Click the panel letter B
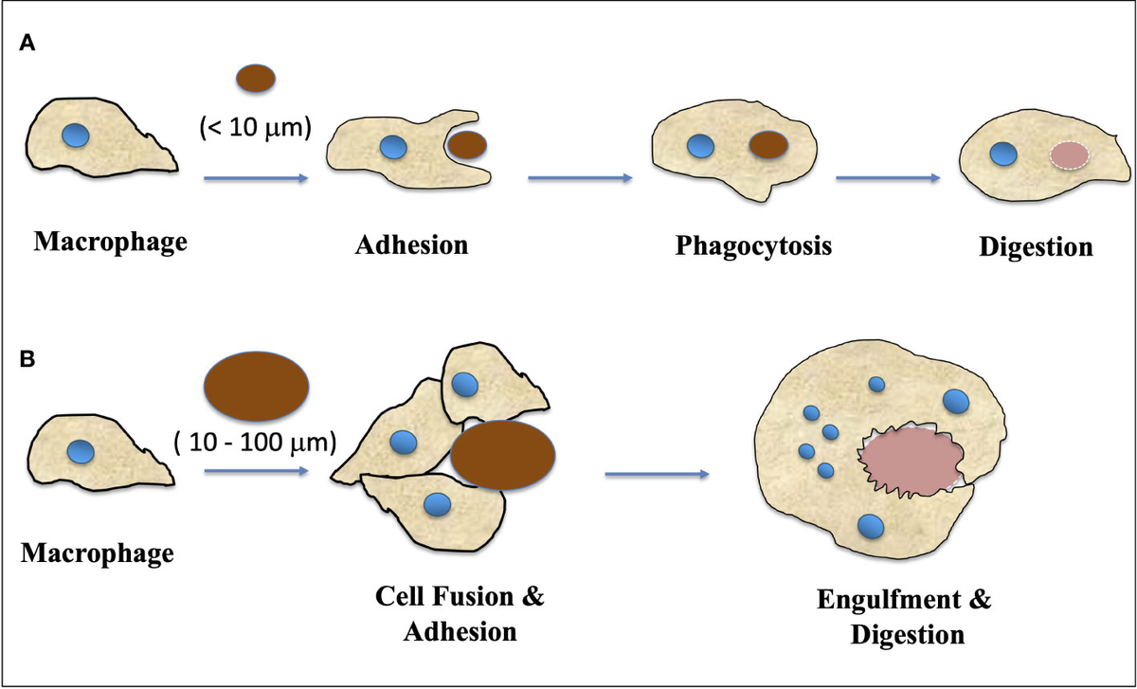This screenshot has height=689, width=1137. point(29,361)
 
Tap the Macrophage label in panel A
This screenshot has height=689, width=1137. point(110,242)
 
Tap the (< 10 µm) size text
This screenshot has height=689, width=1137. point(256,127)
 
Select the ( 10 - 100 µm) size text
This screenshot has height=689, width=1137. point(256,442)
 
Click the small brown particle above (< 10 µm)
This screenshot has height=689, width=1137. point(256,78)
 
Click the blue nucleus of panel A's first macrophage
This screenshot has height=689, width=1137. point(75,135)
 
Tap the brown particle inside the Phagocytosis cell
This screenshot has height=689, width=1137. point(768,145)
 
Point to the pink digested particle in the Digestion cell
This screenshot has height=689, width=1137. point(1069,154)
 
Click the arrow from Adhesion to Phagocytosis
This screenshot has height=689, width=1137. point(579,177)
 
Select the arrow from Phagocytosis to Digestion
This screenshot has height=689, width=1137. point(888,177)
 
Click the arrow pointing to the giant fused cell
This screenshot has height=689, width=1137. point(657,473)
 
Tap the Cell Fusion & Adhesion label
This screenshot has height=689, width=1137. point(460,615)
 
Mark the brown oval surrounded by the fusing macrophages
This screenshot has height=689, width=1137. point(502,455)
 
